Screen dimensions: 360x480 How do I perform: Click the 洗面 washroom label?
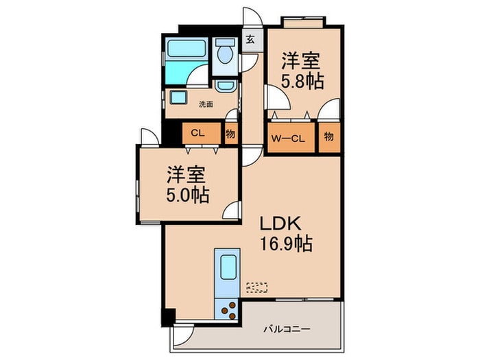(205, 104)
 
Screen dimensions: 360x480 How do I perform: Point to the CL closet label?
(197, 134)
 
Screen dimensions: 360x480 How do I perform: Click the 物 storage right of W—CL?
(329, 136)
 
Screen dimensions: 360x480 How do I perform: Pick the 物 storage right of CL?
(230, 134)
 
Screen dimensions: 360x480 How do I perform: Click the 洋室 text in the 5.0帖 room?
(186, 173)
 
